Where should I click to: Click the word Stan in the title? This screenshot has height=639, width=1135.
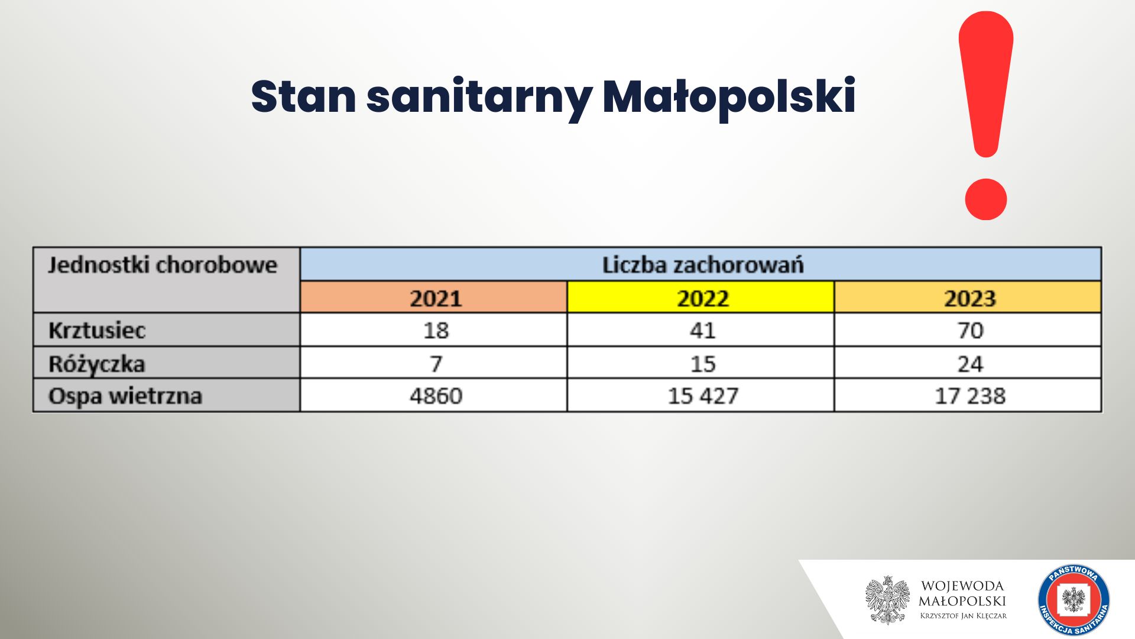tap(303, 96)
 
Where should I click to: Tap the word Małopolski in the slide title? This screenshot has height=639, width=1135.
tap(729, 96)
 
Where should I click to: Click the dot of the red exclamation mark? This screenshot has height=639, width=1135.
tap(985, 199)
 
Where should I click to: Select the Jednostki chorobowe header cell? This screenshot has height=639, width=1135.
tap(167, 280)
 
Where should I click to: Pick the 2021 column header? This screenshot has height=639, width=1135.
tap(434, 297)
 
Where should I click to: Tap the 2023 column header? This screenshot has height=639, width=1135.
tap(968, 297)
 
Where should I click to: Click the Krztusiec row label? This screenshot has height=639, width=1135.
tap(97, 330)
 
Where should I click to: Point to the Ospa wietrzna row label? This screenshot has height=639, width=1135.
tap(125, 396)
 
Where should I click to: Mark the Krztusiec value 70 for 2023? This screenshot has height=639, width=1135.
tap(970, 330)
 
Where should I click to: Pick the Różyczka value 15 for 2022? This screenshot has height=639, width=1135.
tap(703, 364)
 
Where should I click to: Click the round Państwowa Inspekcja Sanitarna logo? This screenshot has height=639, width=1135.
tap(1074, 600)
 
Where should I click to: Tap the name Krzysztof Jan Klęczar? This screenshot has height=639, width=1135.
tap(963, 616)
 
